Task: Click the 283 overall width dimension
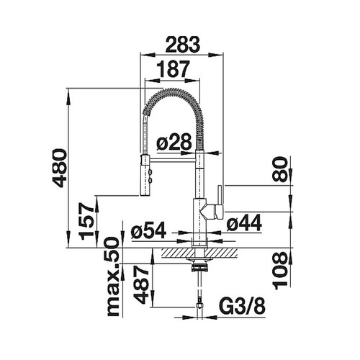[183, 45]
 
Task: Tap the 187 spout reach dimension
[174, 69]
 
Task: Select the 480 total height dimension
[59, 168]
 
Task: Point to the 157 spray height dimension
[87, 221]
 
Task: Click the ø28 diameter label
[174, 142]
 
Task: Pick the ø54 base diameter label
[148, 230]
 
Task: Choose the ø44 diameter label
[244, 222]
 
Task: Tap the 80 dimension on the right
[280, 169]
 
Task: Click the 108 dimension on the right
[280, 271]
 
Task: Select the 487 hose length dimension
[141, 284]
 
